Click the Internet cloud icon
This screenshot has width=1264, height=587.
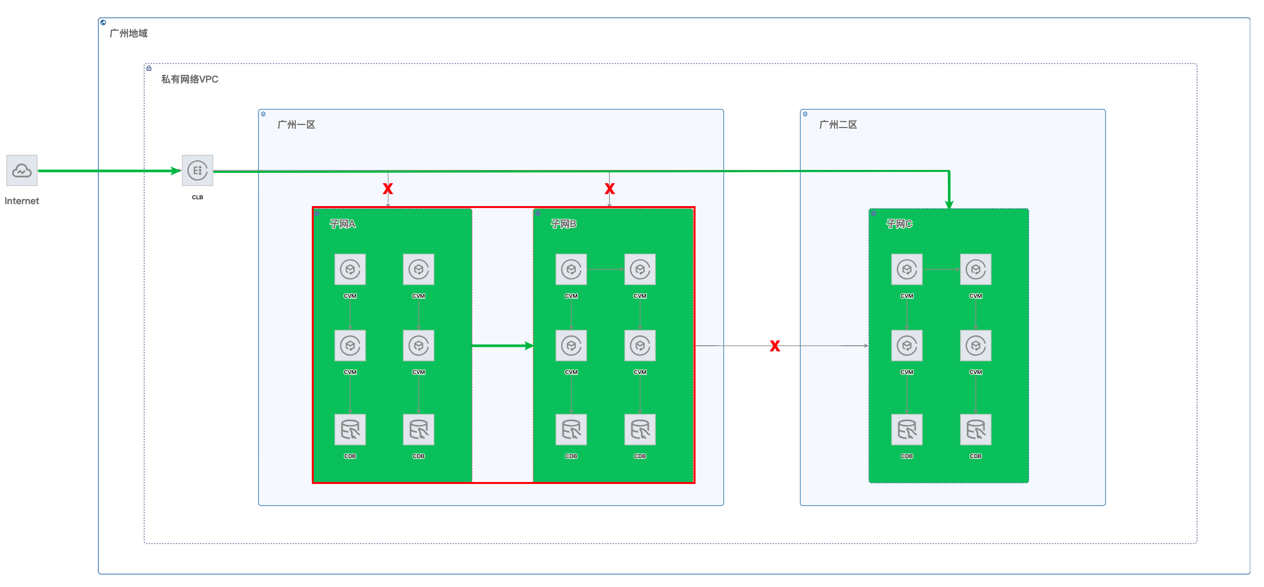pyautogui.click(x=22, y=170)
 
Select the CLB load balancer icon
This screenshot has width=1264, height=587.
pyautogui.click(x=197, y=170)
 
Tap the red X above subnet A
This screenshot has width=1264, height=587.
pyautogui.click(x=388, y=189)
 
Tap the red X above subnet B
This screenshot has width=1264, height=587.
pyautogui.click(x=610, y=189)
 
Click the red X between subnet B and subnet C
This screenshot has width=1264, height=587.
pyautogui.click(x=775, y=346)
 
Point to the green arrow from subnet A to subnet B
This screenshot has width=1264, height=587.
pyautogui.click(x=502, y=346)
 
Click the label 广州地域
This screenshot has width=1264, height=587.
pyautogui.click(x=129, y=33)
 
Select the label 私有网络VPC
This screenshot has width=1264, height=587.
pyautogui.click(x=189, y=79)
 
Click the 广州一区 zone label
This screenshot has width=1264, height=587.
pyautogui.click(x=296, y=125)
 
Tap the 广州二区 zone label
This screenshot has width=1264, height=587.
pyautogui.click(x=838, y=125)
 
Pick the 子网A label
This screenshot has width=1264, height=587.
pyautogui.click(x=343, y=224)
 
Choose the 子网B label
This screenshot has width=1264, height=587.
pyautogui.click(x=563, y=224)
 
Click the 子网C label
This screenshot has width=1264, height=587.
pyautogui.click(x=899, y=224)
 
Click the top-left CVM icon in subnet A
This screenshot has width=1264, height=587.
pyautogui.click(x=350, y=269)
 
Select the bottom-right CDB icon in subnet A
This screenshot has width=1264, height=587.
pyautogui.click(x=418, y=430)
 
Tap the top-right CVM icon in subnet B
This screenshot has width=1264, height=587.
pyautogui.click(x=640, y=269)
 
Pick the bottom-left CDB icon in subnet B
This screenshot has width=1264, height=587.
pyautogui.click(x=571, y=430)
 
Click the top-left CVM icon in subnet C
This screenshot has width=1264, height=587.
pyautogui.click(x=907, y=269)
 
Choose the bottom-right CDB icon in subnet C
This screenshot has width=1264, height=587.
pyautogui.click(x=976, y=430)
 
